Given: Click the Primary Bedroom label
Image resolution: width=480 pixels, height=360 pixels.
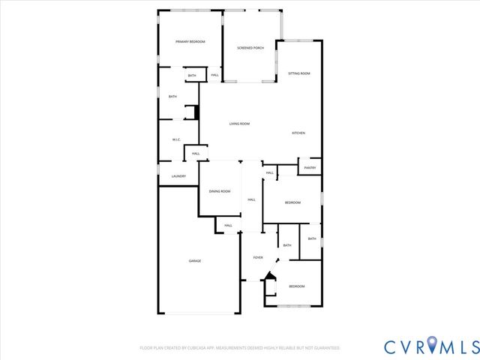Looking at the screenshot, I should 190,42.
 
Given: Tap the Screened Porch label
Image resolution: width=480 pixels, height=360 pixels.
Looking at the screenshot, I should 250,48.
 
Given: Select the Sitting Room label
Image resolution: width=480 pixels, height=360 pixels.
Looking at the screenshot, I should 299,73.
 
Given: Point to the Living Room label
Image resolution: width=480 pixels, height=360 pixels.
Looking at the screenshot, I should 239,124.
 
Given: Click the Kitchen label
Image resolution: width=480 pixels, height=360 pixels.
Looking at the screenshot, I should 298,133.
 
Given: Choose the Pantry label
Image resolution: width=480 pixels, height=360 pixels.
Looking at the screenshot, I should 310,168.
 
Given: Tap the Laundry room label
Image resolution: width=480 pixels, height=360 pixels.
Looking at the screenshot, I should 178,176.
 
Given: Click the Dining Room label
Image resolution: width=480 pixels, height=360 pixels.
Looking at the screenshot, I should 220,191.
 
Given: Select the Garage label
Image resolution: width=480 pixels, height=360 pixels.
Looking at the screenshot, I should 194,260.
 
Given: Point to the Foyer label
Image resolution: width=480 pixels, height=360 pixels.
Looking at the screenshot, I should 258,257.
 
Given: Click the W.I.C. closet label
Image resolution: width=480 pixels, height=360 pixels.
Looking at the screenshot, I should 176,139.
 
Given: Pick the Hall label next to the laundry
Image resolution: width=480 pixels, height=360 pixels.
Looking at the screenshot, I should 196,154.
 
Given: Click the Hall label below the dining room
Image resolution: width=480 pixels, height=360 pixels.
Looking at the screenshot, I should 228,225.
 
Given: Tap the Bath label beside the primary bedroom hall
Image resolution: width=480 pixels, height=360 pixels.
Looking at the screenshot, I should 192,76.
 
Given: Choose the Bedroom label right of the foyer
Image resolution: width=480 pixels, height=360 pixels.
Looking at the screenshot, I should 298,286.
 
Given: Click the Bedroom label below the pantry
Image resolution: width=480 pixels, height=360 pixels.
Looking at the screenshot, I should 292,203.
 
